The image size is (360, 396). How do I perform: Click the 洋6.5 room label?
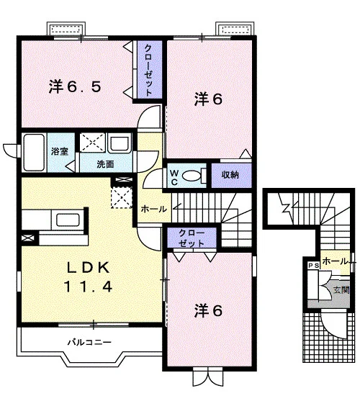click(75, 86)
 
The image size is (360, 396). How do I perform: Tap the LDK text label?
click(88, 268)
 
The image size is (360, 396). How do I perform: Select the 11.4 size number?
click(88, 287)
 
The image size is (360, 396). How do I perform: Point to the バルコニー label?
click(89, 343)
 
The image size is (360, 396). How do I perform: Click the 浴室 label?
click(60, 151)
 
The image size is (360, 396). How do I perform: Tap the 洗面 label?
click(105, 164)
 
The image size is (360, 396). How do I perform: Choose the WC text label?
click(174, 178)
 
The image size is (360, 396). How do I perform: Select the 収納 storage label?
click(230, 175)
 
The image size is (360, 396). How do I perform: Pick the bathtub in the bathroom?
click(34, 153)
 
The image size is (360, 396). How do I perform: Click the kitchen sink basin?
click(68, 220)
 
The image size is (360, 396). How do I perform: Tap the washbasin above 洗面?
click(120, 143)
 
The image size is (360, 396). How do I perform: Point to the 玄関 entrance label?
click(341, 290)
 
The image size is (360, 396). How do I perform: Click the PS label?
click(313, 266)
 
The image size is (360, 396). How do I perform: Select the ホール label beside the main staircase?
click(153, 209)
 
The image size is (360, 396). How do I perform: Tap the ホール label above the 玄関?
click(335, 261)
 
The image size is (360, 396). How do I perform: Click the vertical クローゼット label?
click(149, 70)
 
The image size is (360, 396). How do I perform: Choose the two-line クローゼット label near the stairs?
click(192, 238)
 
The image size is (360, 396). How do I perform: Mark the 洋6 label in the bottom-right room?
click(208, 310)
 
